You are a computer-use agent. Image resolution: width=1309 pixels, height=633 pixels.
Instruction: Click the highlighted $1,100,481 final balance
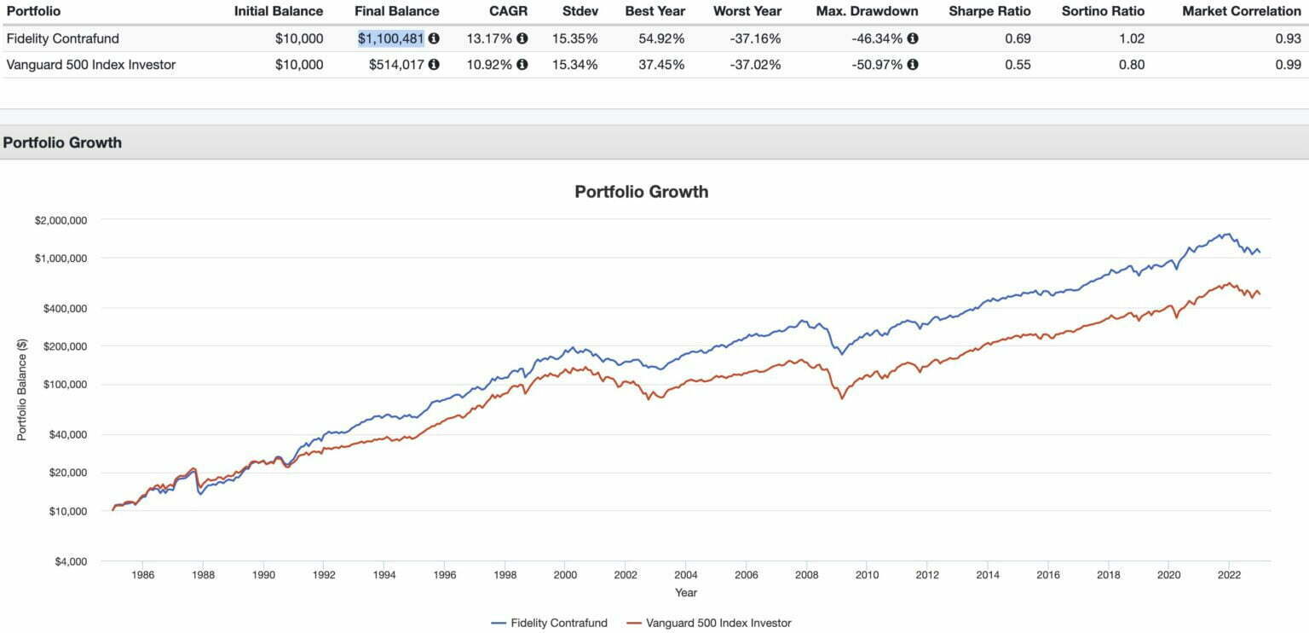[390, 38]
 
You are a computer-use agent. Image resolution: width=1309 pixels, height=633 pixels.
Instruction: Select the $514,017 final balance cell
[396, 64]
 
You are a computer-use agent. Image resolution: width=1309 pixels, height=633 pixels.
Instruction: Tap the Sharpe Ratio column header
[989, 11]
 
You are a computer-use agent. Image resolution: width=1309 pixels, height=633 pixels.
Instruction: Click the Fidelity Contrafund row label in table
[62, 38]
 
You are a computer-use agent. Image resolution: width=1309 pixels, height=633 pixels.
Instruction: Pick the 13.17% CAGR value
[489, 38]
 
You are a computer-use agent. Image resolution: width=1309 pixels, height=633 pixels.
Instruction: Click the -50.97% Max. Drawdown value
[877, 64]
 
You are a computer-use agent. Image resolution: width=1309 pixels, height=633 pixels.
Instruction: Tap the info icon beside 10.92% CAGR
[522, 64]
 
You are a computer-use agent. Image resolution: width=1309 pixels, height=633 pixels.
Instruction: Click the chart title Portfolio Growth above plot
[641, 191]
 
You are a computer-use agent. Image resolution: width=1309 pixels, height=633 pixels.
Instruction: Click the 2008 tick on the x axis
[806, 575]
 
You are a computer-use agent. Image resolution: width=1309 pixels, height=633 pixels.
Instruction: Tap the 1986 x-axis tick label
[142, 575]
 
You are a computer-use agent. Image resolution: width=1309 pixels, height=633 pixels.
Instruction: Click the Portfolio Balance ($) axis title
[22, 390]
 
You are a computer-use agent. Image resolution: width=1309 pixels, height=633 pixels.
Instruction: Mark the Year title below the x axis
[686, 592]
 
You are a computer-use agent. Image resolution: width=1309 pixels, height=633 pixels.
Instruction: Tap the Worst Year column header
[747, 11]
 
